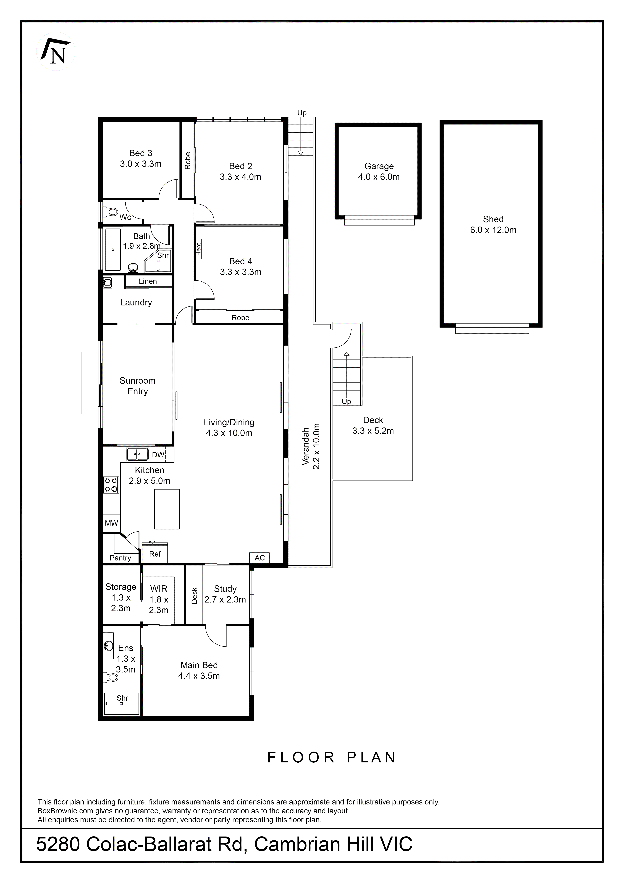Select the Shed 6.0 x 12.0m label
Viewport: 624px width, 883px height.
click(493, 225)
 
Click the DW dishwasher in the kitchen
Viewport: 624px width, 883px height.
click(158, 455)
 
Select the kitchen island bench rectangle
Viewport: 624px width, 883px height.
click(167, 509)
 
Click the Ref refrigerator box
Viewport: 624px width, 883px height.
click(155, 554)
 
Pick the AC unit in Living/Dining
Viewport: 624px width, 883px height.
click(260, 558)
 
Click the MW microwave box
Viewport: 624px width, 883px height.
click(111, 523)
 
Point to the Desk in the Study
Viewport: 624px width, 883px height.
click(194, 595)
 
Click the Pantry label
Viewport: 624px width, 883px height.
click(120, 558)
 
